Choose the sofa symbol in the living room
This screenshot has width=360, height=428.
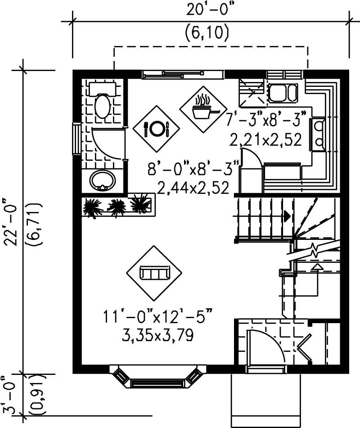(154, 273)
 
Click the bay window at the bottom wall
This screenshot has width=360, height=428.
(155, 378)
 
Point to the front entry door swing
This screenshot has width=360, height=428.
(266, 346)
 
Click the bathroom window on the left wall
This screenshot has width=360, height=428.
(76, 138)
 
